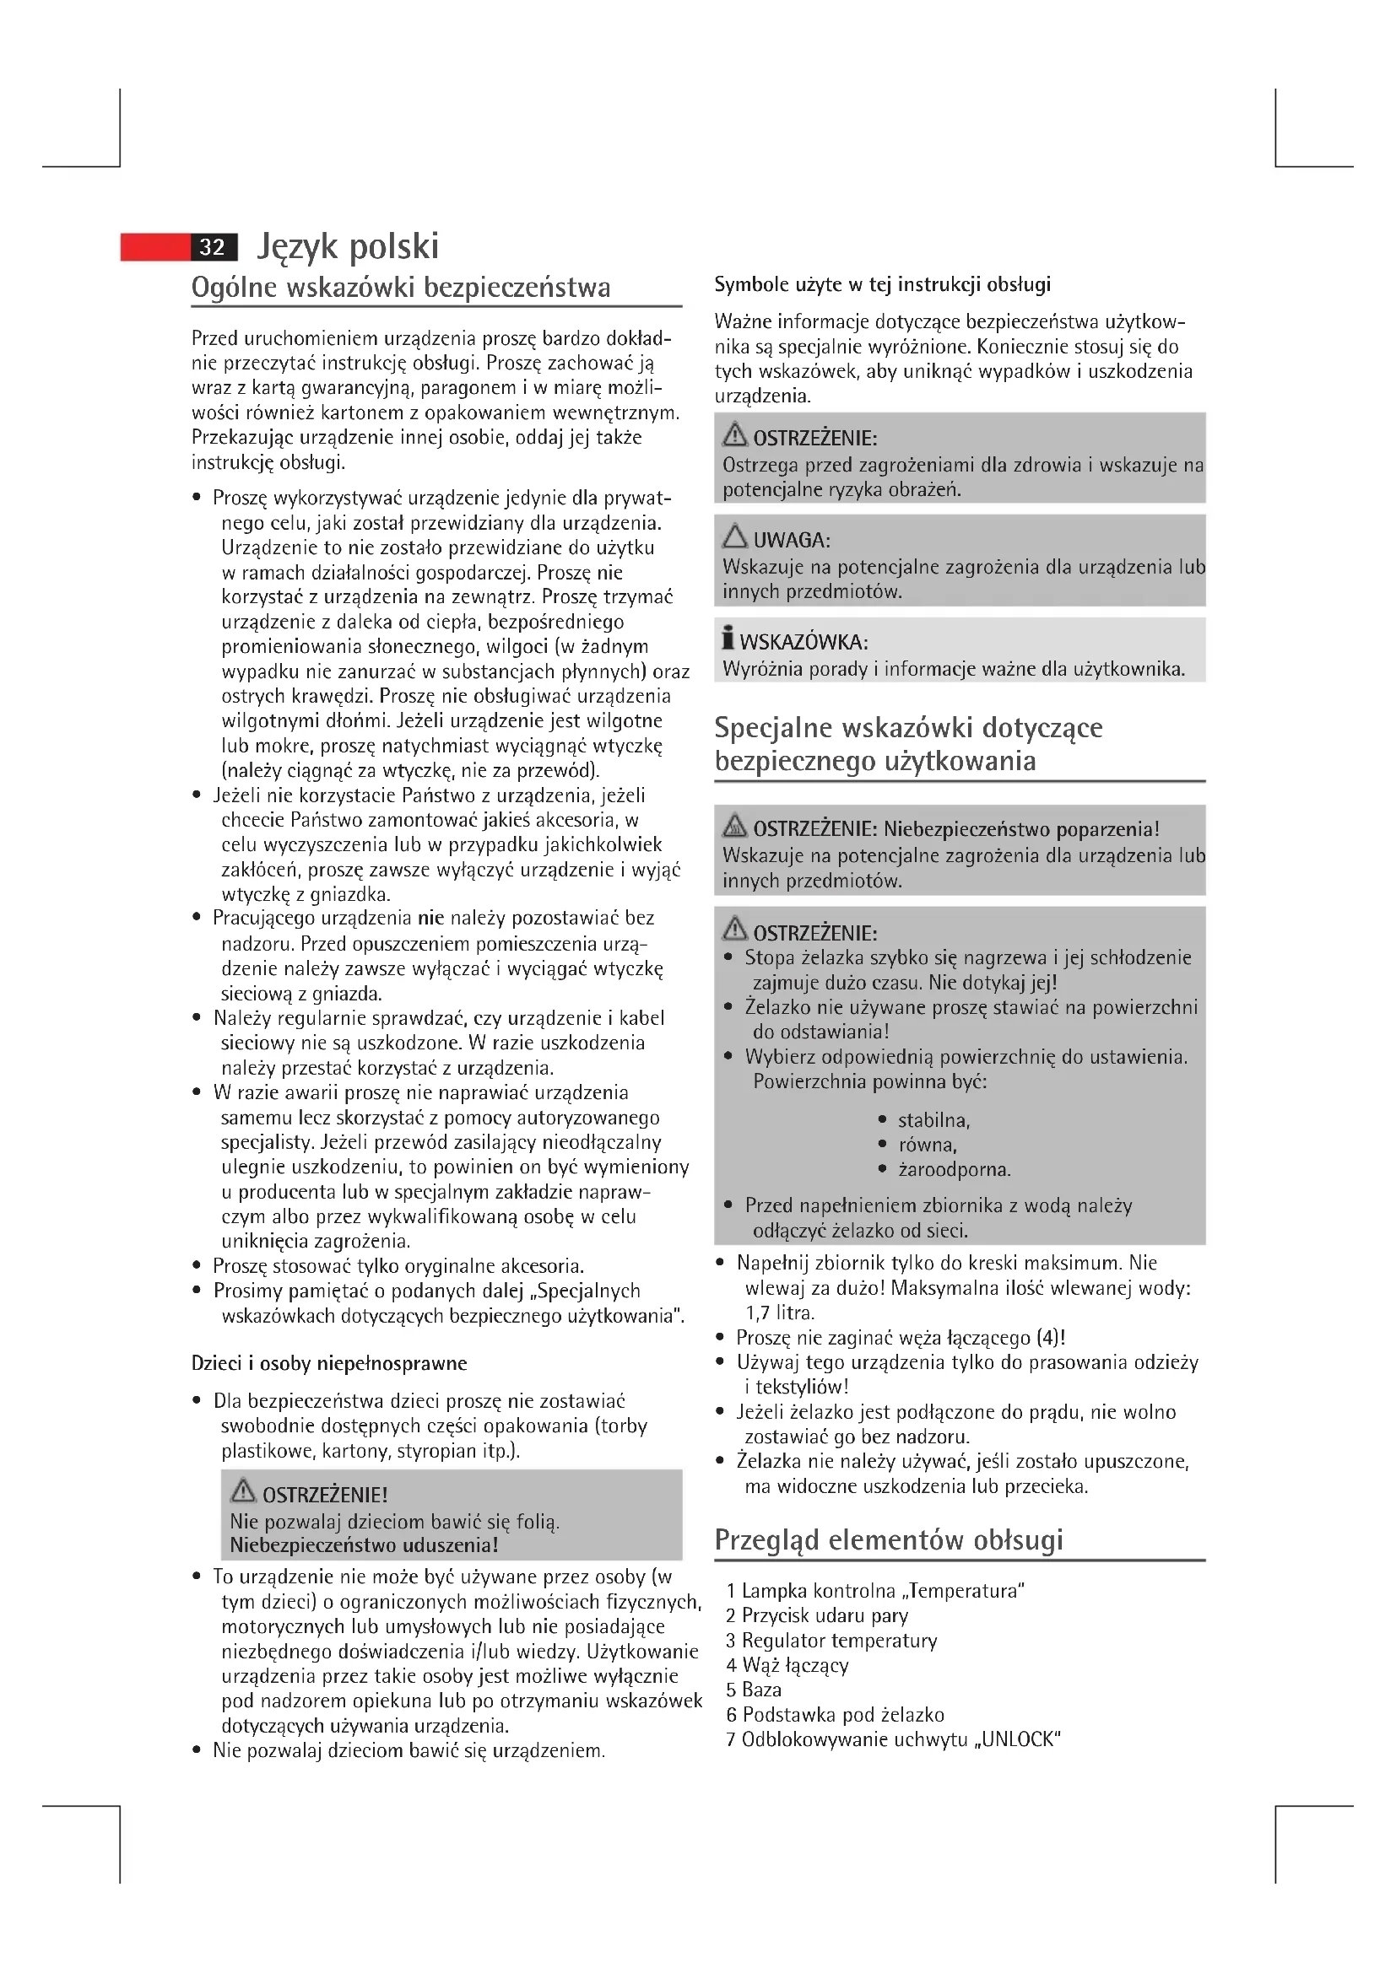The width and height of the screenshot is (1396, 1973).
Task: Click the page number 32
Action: [213, 247]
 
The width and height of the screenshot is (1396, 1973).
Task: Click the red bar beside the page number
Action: [154, 247]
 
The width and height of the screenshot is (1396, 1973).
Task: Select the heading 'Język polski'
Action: [348, 246]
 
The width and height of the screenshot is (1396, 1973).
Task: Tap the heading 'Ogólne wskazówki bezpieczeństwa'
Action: [401, 287]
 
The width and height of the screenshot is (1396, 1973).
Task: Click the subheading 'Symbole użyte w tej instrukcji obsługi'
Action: [882, 284]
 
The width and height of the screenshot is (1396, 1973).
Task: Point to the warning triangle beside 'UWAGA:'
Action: [735, 537]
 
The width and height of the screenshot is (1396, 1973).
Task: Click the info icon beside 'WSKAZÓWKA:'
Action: [728, 639]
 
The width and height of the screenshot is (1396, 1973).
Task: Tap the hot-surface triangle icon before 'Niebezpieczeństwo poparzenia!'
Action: [735, 826]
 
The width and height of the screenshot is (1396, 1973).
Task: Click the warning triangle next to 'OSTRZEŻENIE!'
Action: [244, 1489]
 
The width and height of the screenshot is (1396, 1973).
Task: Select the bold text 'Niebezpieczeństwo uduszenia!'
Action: [364, 1545]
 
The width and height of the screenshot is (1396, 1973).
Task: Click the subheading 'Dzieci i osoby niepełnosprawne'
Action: [329, 1363]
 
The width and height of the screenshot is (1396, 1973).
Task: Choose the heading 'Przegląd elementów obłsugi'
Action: [889, 1539]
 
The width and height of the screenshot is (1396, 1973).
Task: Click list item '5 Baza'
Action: [754, 1690]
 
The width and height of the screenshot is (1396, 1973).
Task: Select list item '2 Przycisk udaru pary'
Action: [817, 1615]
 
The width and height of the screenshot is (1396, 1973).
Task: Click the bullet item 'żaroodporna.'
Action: [955, 1169]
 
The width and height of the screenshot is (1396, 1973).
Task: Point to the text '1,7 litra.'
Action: [780, 1313]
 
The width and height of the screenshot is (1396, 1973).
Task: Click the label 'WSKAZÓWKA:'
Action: [804, 642]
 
